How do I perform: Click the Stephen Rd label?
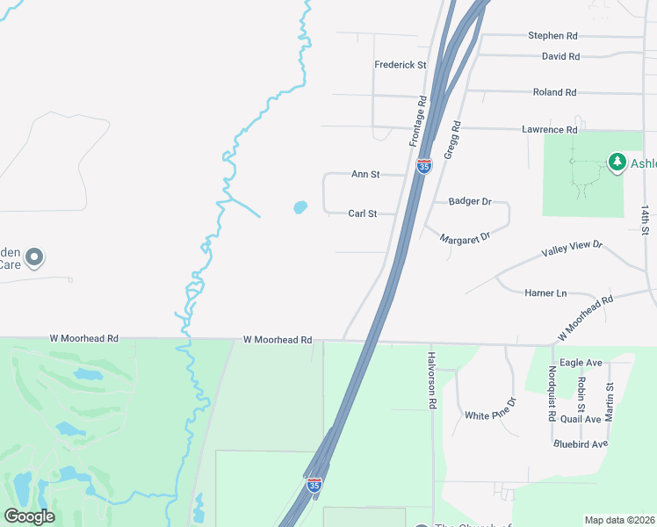pos(552,36)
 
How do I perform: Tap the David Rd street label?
pos(560,56)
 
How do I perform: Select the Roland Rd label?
pos(554,92)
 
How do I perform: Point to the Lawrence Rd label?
pos(549,130)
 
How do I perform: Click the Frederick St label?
pos(400,65)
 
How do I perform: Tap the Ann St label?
pos(365,175)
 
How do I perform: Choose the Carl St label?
pos(362,213)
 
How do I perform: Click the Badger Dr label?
pos(470,201)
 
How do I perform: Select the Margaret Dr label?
pos(465,238)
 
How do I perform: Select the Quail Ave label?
pos(581,419)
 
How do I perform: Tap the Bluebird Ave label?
pos(581,444)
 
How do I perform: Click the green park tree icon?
pos(617,162)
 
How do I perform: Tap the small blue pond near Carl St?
pos(300,208)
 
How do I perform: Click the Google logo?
pos(29,516)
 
